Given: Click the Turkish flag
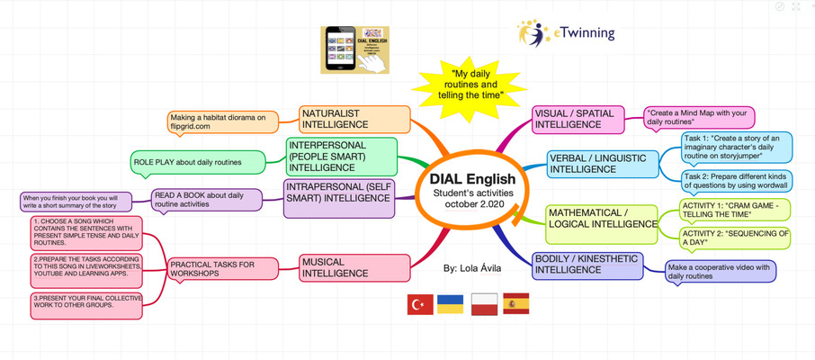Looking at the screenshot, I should pos(420,304).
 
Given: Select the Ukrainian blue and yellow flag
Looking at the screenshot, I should pos(451,304).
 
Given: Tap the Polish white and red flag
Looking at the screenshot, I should pos(484,304).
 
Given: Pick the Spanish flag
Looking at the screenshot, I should pos(515,304).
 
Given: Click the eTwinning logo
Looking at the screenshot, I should pos(567,33).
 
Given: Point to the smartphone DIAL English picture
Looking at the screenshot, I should pos(358,49).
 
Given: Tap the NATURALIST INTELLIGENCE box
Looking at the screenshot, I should pos(354,119).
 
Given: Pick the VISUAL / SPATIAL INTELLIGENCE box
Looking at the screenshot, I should pos(580,119).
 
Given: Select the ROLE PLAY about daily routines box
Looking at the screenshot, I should pos(199,162).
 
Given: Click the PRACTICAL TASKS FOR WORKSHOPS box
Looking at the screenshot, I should pos(212,269).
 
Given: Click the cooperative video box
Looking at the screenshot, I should pos(719,271).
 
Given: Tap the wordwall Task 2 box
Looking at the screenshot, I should pos(736,181).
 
